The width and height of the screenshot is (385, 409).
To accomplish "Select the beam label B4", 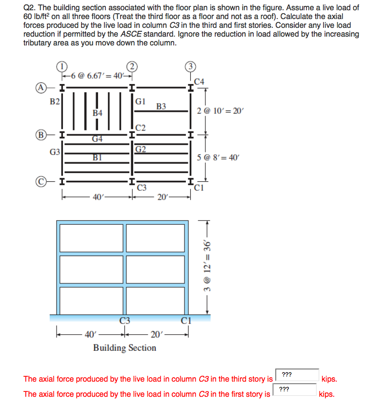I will coord(98,113).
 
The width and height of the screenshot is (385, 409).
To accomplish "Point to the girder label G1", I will coord(140,102).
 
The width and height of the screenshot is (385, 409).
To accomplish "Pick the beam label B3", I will coord(162,106).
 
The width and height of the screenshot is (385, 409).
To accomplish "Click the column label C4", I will coord(199,81).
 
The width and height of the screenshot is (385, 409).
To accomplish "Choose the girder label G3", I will coord(55,152).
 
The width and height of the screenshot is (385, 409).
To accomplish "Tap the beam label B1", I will coord(98,157).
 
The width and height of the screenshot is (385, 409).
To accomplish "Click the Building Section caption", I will coord(124,348).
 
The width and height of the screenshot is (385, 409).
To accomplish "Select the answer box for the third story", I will coord(297,375).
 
